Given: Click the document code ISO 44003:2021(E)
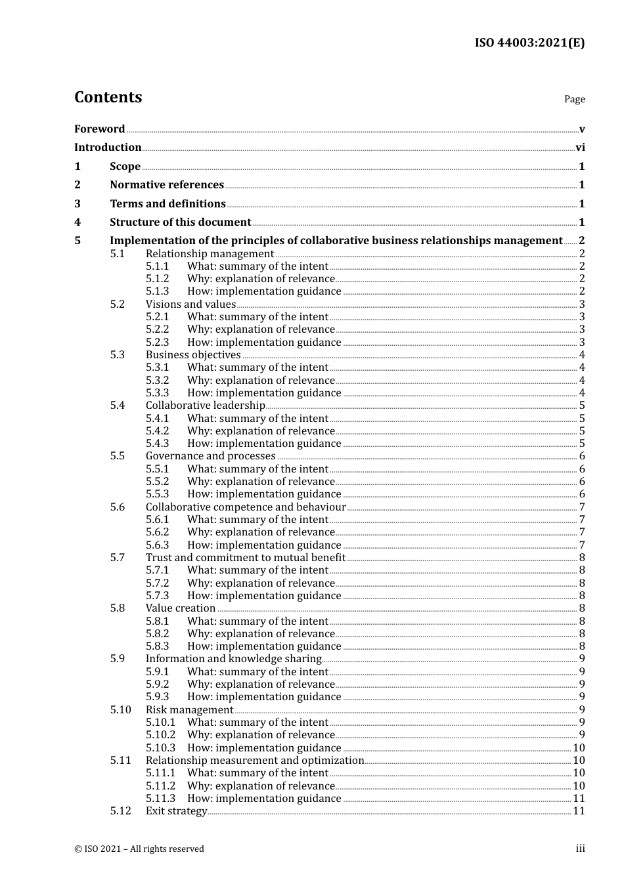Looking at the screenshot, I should pyautogui.click(x=529, y=43).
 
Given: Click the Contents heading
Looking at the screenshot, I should pyautogui.click(x=108, y=97).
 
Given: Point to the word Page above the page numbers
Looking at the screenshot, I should pyautogui.click(x=574, y=99).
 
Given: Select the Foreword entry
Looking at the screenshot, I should pyautogui.click(x=99, y=129).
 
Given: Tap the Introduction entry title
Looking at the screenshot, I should pyautogui.click(x=108, y=148).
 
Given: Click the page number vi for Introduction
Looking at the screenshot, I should pyautogui.click(x=580, y=148).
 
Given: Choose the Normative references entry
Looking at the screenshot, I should pyautogui.click(x=167, y=185).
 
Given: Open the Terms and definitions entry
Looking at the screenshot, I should pyautogui.click(x=167, y=204).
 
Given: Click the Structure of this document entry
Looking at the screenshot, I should pyautogui.click(x=180, y=222).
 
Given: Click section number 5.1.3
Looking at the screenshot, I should pyautogui.click(x=157, y=291).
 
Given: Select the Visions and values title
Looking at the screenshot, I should pyautogui.click(x=190, y=304).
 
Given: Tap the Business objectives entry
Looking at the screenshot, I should pyautogui.click(x=193, y=355).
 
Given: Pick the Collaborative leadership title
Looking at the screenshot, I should pyautogui.click(x=205, y=406).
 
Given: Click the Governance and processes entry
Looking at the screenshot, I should pyautogui.click(x=210, y=456).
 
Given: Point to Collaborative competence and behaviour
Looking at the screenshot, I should pyautogui.click(x=246, y=507).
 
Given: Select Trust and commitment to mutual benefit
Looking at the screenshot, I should pyautogui.click(x=246, y=558).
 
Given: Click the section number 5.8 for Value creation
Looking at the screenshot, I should pyautogui.click(x=117, y=608).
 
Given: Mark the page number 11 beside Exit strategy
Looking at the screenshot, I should pyautogui.click(x=579, y=811).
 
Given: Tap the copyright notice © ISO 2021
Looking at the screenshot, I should pyautogui.click(x=139, y=849).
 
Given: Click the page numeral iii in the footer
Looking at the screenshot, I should pyautogui.click(x=580, y=849).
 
